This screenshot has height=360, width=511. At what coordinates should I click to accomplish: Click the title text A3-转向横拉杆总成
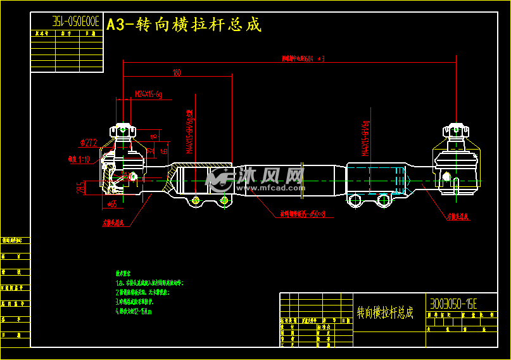click(184, 25)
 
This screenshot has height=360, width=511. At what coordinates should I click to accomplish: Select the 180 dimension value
click(177, 73)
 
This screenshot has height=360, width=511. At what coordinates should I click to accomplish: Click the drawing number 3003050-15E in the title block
click(453, 304)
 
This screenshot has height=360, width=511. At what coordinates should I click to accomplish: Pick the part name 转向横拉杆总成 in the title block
click(385, 312)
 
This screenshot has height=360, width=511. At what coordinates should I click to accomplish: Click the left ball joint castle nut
click(123, 130)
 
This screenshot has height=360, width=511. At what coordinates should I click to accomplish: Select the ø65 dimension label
click(111, 204)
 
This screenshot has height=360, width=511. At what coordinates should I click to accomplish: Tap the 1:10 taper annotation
click(79, 159)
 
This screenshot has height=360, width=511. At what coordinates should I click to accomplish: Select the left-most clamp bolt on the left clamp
click(195, 201)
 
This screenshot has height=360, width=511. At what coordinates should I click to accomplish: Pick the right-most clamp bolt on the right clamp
click(382, 201)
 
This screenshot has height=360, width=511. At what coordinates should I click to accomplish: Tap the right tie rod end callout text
click(457, 216)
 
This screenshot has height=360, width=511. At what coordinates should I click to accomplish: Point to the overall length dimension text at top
click(303, 59)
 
